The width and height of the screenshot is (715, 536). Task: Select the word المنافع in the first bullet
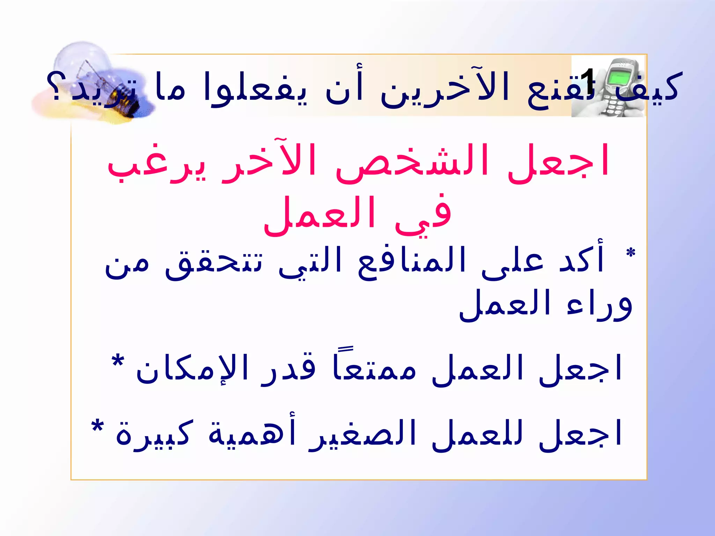pyautogui.click(x=412, y=262)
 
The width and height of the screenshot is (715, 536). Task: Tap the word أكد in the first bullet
pyautogui.click(x=581, y=260)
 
